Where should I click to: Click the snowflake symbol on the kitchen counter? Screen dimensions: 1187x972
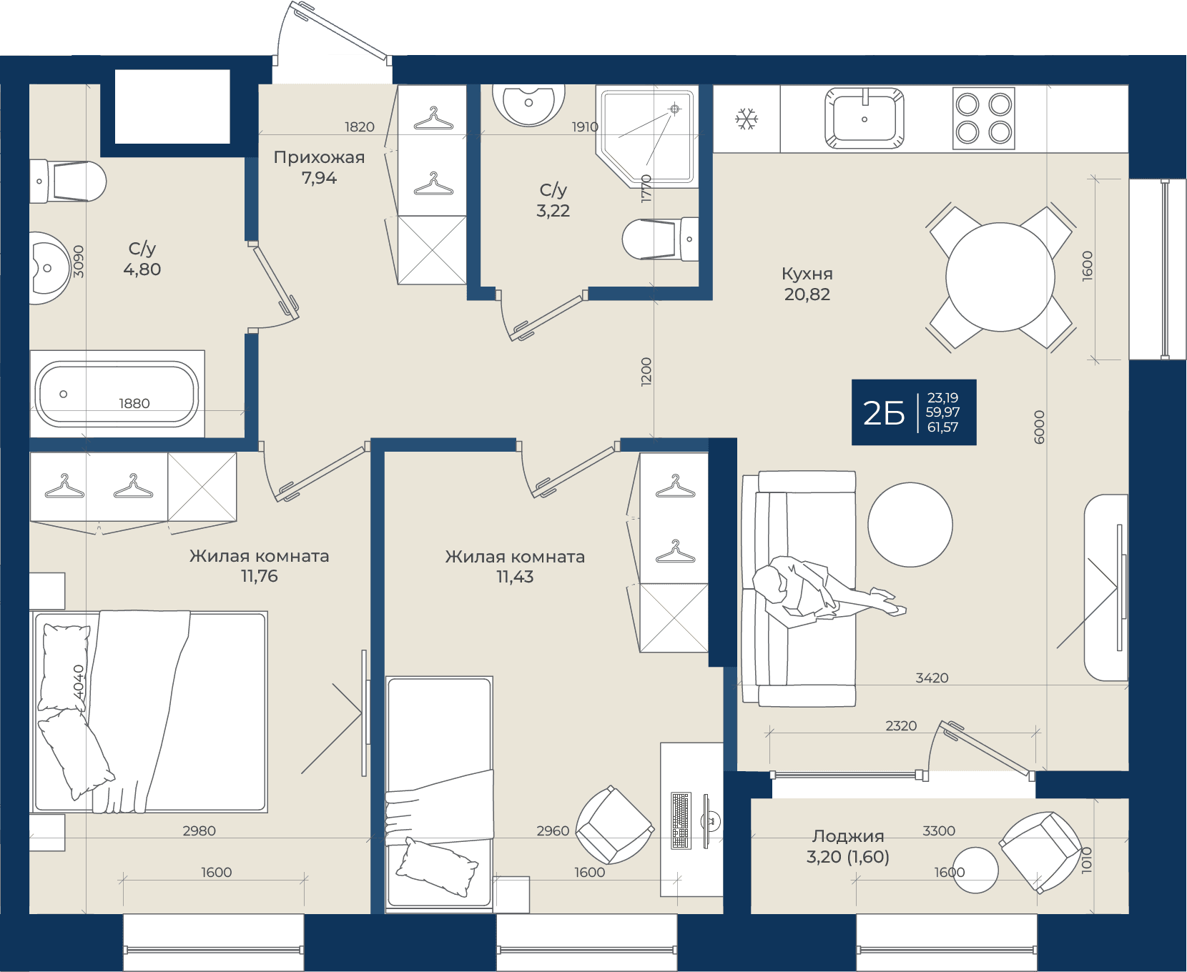coord(747,119)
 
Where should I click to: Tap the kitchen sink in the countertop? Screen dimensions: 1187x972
coord(865,118)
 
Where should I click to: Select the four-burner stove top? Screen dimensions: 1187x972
coord(983,119)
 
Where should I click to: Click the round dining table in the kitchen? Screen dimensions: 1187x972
coord(1000,277)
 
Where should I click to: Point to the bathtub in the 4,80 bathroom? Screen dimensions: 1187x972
coord(117,394)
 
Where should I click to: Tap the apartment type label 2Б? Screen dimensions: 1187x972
coord(884,413)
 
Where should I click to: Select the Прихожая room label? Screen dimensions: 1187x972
coord(319,157)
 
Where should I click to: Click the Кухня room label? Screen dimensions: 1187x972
coord(807,274)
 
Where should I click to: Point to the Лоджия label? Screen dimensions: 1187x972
coord(848,836)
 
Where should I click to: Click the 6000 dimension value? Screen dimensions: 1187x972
coord(1040,427)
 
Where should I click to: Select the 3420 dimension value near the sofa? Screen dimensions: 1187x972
coord(932,678)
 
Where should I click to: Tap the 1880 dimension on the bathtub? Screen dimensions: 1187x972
coord(134,403)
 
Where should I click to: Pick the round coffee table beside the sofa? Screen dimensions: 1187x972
coord(910,525)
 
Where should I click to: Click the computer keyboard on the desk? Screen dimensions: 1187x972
coord(681,820)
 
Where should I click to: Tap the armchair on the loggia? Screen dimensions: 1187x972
coord(1040,851)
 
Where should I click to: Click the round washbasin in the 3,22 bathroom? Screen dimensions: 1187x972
coord(528,104)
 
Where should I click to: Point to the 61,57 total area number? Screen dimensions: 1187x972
coord(942,427)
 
